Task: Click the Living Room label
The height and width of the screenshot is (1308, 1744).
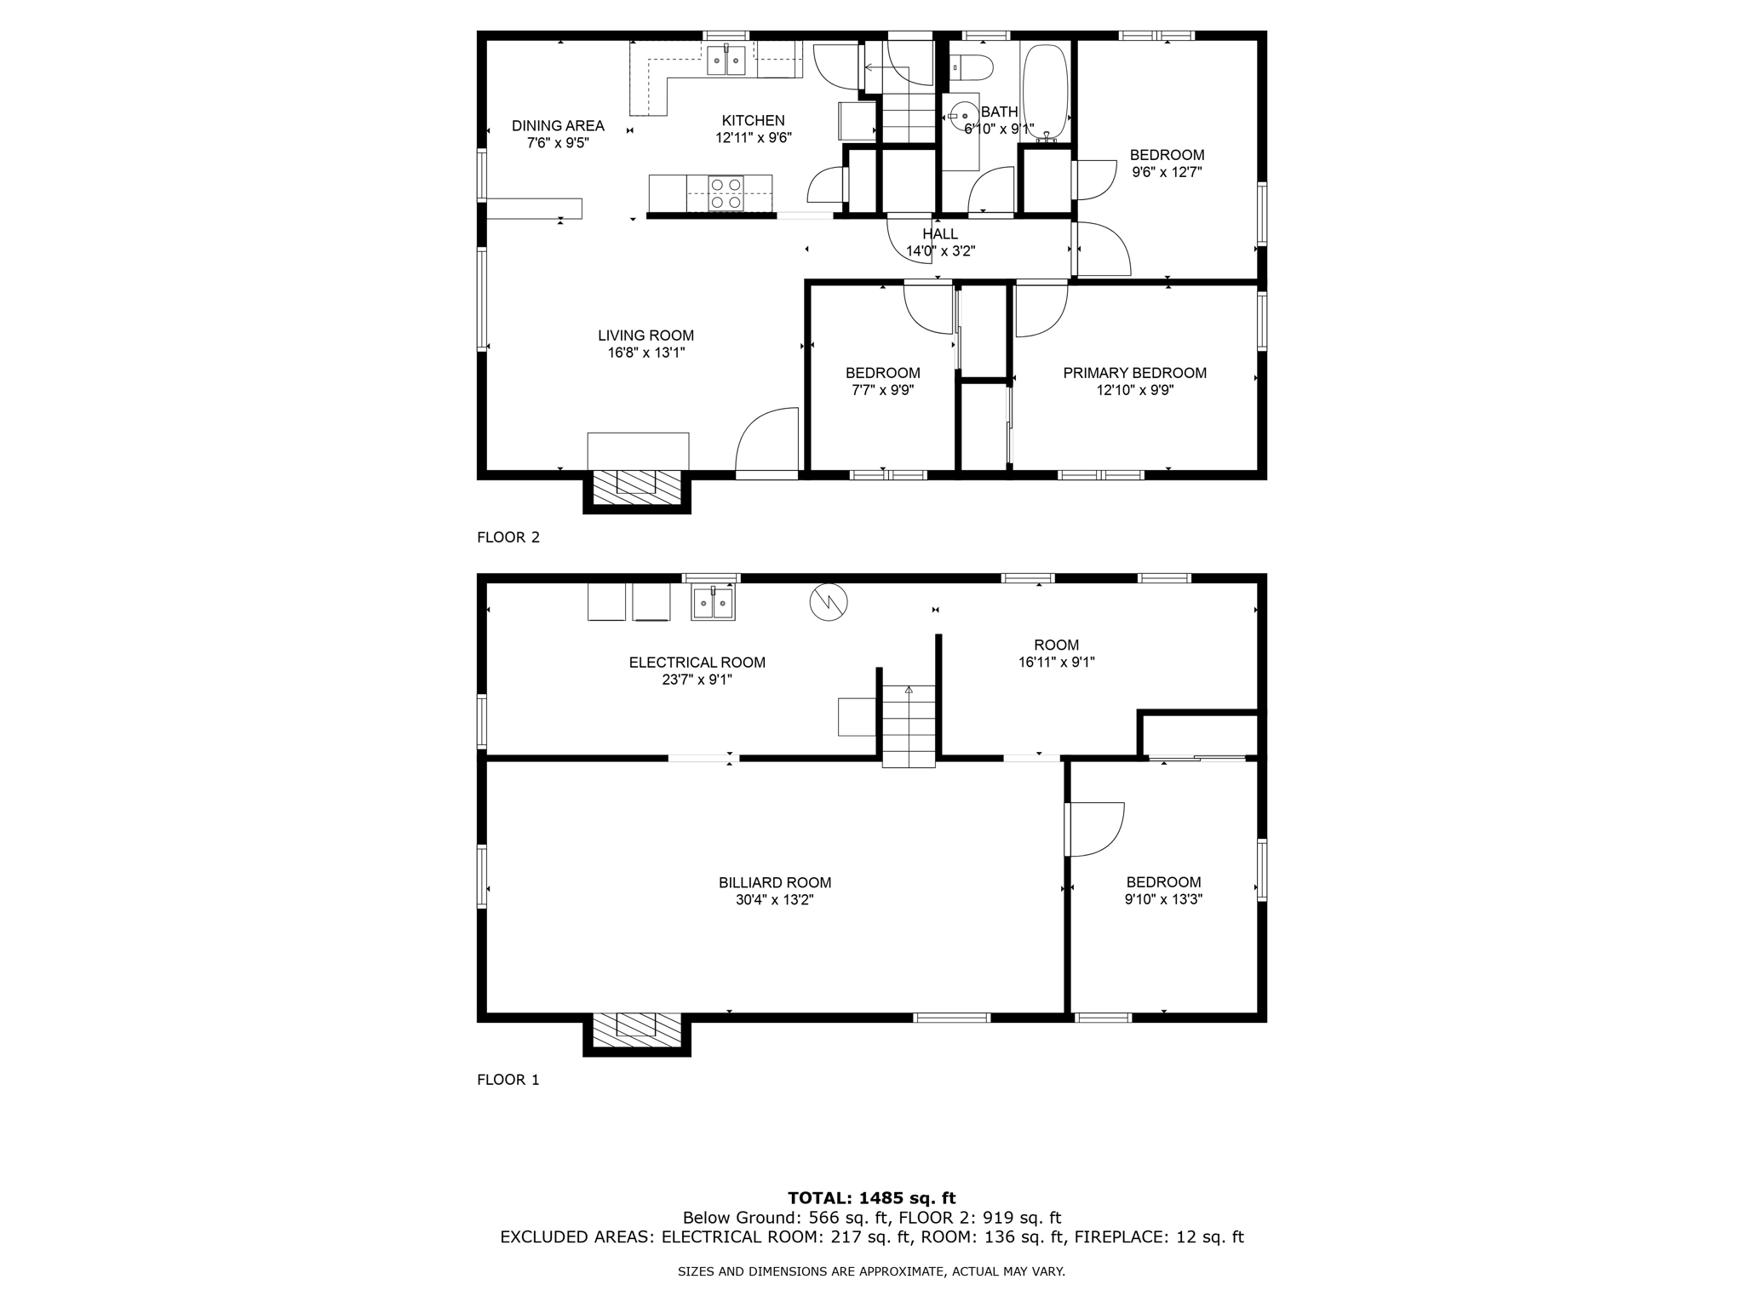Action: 645,336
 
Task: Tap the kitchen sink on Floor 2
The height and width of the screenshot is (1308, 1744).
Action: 726,60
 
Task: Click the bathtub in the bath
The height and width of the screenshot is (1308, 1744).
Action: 1045,91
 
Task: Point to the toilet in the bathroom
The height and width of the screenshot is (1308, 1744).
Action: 972,66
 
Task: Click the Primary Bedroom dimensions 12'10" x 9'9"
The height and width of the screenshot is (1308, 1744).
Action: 1134,391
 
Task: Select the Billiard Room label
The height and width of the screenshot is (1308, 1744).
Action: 774,883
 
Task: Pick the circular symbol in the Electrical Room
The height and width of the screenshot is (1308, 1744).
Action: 829,602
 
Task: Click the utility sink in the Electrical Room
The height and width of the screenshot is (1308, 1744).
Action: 713,603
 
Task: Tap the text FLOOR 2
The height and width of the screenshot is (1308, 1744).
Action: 508,537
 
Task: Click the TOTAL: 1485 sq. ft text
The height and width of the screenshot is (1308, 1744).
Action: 871,1198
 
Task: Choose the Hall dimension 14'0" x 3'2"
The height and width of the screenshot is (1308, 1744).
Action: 940,251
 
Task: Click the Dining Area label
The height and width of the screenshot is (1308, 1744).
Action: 558,126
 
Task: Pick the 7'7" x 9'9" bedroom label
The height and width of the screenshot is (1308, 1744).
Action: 882,381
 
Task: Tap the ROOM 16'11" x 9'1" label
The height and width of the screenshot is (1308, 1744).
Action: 1056,653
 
